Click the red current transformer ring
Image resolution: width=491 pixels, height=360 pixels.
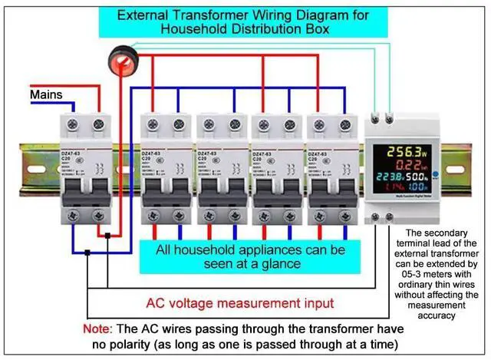120,60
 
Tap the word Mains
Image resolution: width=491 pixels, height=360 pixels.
47,94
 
